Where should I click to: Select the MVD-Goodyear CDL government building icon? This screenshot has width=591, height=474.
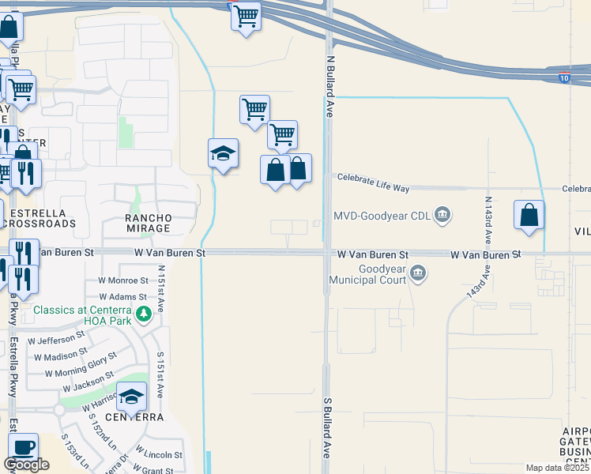[443, 214]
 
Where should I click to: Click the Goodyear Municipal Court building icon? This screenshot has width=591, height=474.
[419, 274]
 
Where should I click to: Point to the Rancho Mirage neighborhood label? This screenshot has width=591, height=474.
[148, 223]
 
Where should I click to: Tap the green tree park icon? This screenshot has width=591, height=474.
[143, 316]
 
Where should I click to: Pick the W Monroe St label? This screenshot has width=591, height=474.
[123, 280]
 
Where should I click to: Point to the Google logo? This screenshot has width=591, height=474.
[26, 465]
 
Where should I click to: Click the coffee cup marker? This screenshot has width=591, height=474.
[23, 446]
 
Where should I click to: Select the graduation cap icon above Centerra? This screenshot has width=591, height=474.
[132, 395]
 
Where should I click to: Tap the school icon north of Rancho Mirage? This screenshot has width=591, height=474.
[224, 152]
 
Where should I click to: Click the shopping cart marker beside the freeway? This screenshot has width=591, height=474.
[247, 15]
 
